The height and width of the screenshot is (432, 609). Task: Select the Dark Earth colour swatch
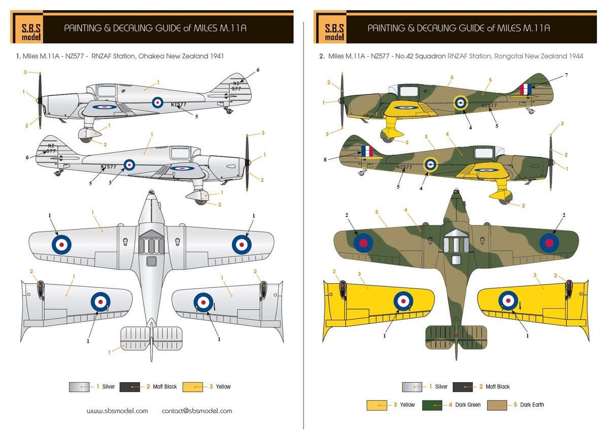tap(496, 405)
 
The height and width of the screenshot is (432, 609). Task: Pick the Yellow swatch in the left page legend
tap(193, 387)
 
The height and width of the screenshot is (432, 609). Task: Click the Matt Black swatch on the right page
tap(462, 387)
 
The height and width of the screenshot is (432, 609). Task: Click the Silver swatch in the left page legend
tap(79, 387)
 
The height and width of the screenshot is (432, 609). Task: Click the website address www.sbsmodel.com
tap(117, 411)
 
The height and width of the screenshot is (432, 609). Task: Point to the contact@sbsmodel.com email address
tap(197, 411)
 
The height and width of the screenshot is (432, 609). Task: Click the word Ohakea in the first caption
tap(148, 56)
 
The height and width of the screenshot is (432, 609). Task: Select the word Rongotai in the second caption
tap(507, 56)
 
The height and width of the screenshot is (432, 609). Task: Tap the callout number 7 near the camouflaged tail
tap(566, 75)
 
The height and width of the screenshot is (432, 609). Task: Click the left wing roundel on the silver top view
tap(61, 244)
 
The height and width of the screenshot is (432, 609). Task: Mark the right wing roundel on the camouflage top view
tap(549, 242)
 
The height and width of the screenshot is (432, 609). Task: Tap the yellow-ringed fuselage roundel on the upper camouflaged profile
tap(460, 103)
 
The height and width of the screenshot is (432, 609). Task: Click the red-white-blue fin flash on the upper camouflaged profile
tap(526, 89)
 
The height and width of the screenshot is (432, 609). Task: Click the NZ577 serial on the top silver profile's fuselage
tap(179, 105)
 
